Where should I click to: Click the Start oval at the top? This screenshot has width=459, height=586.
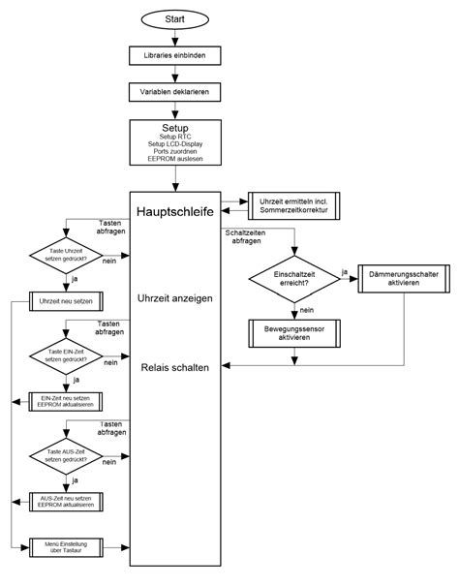pos(175,19)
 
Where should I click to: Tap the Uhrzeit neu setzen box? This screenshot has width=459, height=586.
pos(66,302)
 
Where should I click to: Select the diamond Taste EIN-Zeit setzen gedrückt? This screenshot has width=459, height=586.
pos(64,354)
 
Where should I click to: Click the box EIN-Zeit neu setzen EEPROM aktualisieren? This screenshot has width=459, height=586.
pos(66,400)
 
